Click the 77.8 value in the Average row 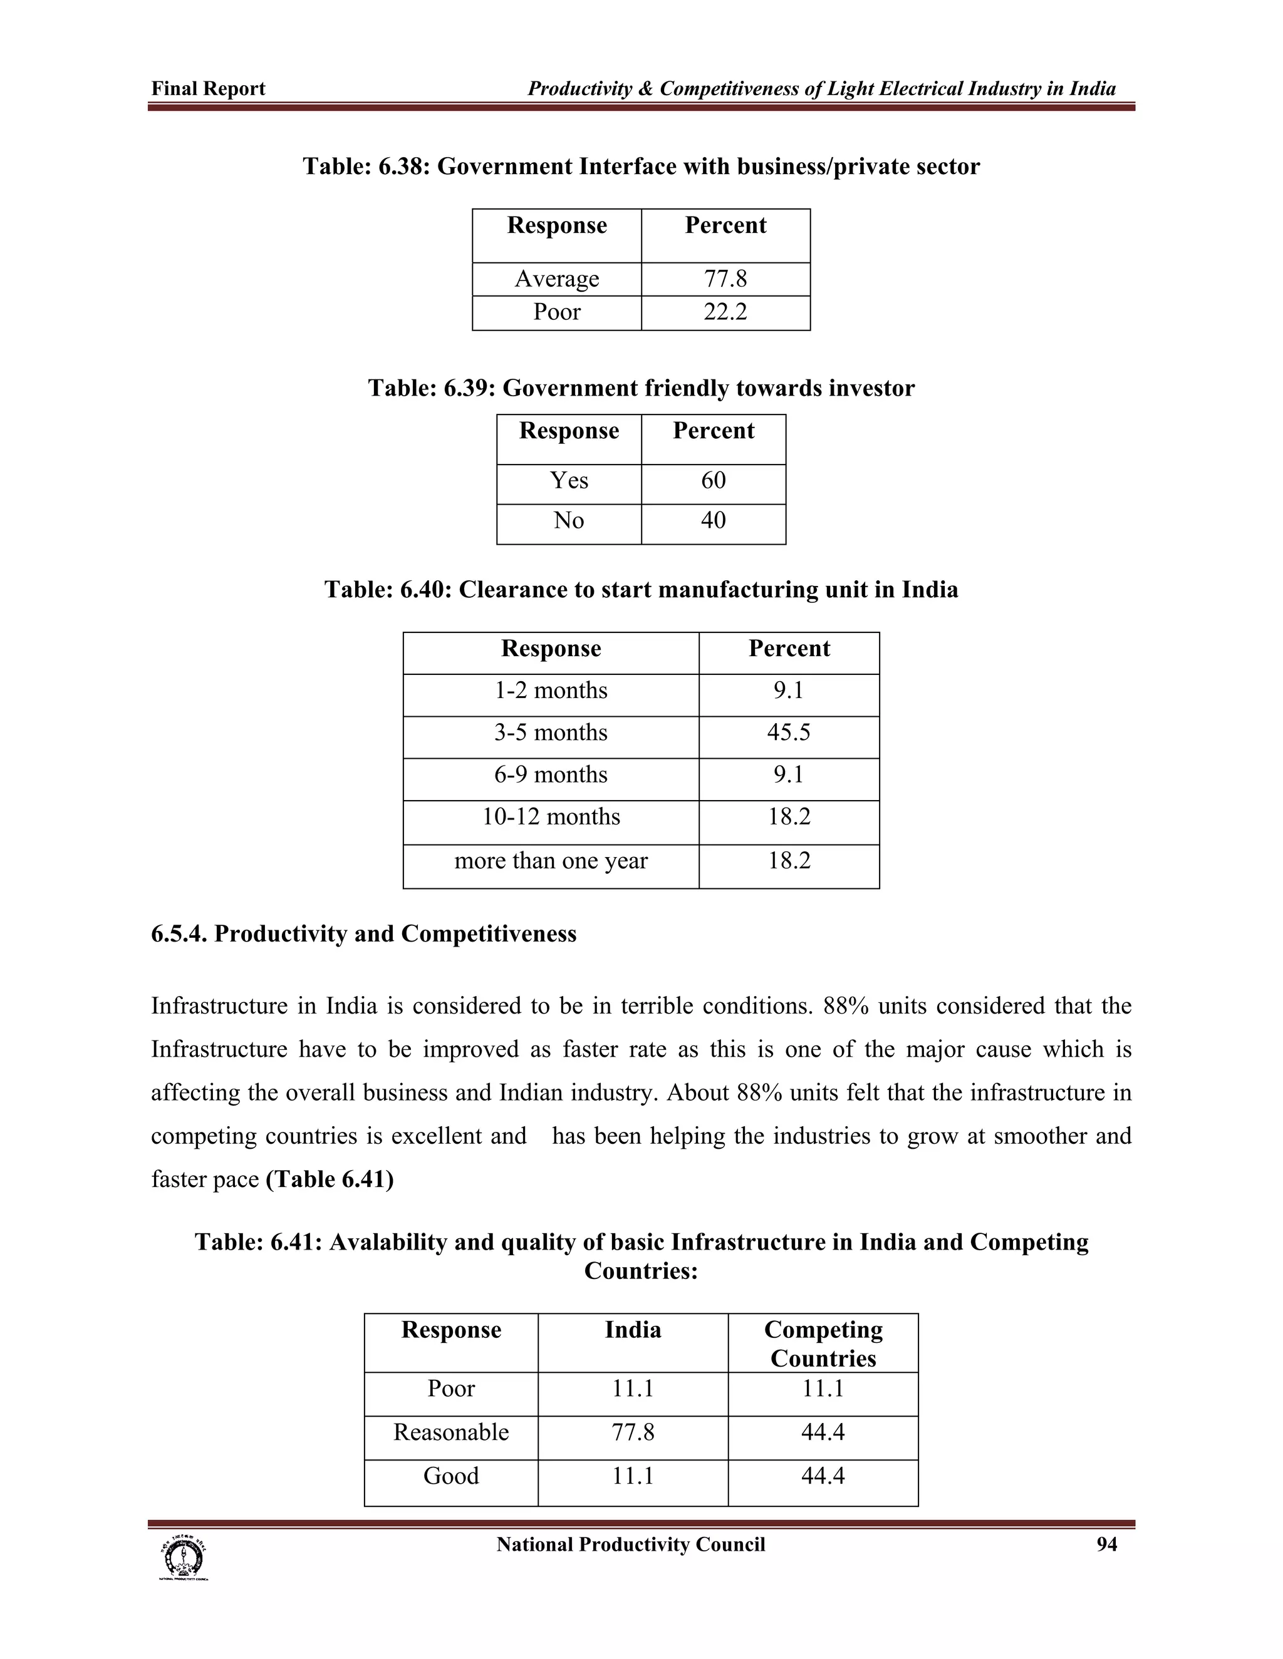click(725, 279)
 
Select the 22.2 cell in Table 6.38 click(725, 312)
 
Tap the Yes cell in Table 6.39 click(569, 481)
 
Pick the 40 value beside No click(713, 521)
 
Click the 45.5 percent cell click(788, 733)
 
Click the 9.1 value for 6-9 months click(788, 776)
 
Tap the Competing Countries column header click(823, 1343)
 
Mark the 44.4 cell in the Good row click(823, 1476)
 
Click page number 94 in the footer click(1106, 1545)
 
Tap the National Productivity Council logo click(182, 1559)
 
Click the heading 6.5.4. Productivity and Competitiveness click(363, 934)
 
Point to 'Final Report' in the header click(208, 89)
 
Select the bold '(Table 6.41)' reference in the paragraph click(329, 1179)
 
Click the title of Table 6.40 click(641, 590)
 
